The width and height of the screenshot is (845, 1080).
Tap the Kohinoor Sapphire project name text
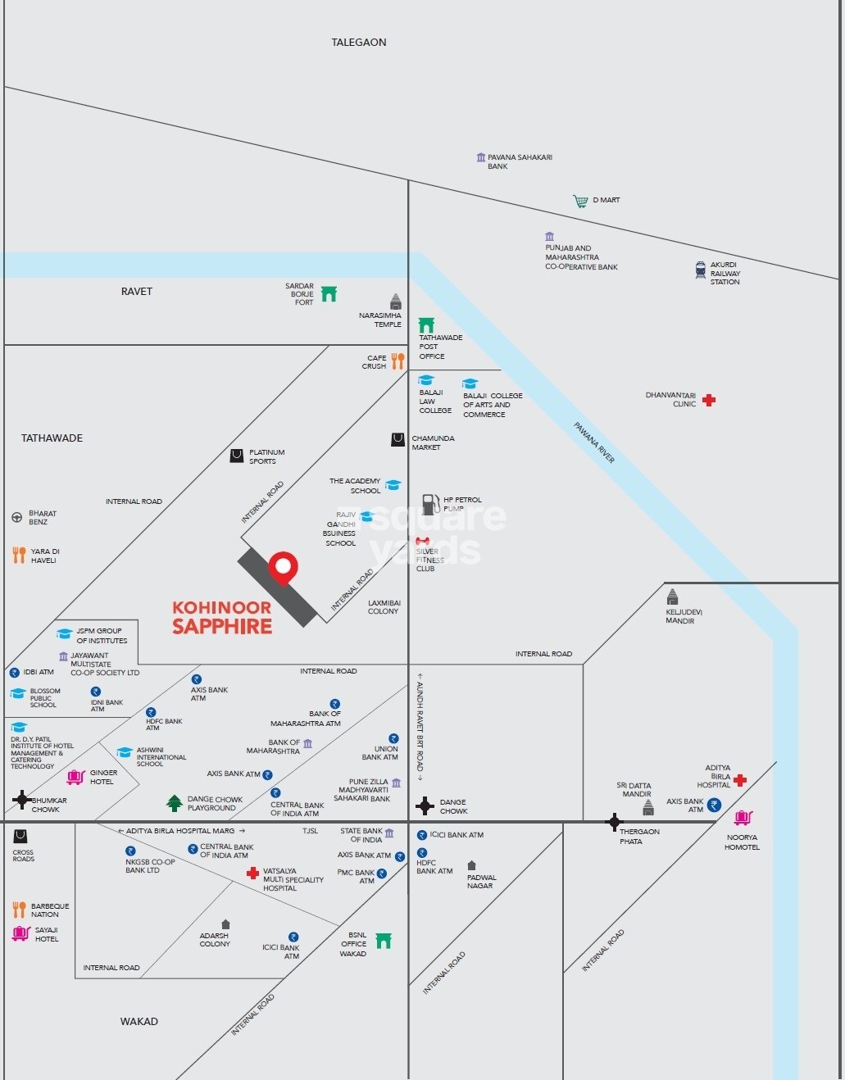click(222, 618)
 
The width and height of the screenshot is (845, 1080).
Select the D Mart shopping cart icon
click(580, 201)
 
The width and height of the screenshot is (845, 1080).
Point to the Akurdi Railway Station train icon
click(701, 270)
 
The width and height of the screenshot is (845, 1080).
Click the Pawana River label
click(594, 442)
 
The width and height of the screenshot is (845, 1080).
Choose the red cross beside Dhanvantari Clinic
click(709, 400)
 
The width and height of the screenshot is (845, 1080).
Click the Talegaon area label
click(359, 43)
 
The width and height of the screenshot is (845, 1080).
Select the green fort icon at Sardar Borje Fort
click(329, 293)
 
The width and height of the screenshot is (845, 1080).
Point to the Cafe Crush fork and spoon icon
click(398, 361)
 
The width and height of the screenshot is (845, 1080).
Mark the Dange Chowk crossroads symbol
click(425, 806)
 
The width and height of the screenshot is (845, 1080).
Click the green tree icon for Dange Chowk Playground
click(174, 803)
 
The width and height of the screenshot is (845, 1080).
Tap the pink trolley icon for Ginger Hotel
click(75, 777)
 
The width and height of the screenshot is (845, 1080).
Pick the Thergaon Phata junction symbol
click(614, 822)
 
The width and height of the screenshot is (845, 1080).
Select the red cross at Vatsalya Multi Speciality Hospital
click(252, 874)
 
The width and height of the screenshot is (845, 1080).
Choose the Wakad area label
click(139, 1022)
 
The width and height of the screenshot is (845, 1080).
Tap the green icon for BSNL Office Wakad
click(383, 941)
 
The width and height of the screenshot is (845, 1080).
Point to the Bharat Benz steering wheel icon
click(16, 517)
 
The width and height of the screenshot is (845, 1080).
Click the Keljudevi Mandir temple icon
click(672, 597)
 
